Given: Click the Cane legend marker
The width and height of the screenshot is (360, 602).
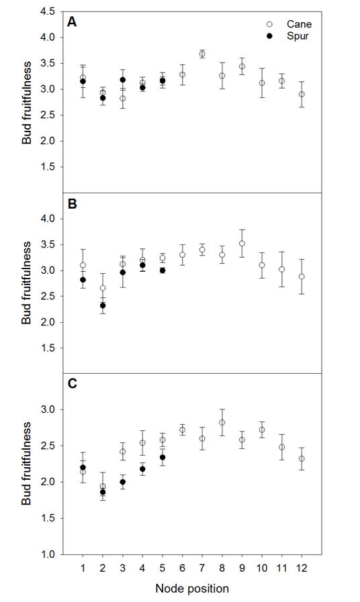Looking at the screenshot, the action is tap(269, 24).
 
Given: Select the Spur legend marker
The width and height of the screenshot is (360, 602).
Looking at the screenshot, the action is tap(269, 36).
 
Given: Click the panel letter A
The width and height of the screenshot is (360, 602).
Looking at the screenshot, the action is tap(72, 22).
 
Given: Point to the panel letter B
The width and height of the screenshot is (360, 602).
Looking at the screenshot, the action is tap(72, 203).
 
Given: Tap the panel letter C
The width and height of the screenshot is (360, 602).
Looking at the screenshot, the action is tap(72, 383).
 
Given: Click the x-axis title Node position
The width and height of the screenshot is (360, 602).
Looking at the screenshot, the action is tap(192, 588).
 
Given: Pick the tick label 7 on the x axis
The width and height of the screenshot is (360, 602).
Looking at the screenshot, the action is tap(202, 568).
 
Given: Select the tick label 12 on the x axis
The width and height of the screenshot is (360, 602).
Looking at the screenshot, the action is tap(302, 568).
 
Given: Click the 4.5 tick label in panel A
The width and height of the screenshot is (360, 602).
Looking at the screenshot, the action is tap(47, 11).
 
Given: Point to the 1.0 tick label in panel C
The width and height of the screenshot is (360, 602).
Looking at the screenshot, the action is tap(47, 554).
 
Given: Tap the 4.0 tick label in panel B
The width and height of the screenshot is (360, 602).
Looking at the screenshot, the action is tap(47, 219).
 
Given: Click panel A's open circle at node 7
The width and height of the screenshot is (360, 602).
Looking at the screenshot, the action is tap(202, 54).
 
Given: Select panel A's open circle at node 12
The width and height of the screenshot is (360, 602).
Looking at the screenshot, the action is tap(302, 94).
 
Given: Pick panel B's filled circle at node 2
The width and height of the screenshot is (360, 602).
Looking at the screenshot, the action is tap(103, 305).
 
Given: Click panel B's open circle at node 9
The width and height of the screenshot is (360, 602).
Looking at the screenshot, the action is tap(242, 244).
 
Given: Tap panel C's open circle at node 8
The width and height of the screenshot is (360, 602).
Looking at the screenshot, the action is tap(222, 422).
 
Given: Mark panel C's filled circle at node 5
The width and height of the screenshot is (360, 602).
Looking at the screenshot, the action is tap(163, 457).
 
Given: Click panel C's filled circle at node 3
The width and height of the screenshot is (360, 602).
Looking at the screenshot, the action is tap(122, 482).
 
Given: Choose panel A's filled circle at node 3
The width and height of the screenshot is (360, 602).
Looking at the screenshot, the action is tap(122, 80).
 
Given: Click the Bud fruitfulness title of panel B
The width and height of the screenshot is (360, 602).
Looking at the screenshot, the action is tap(26, 283).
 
